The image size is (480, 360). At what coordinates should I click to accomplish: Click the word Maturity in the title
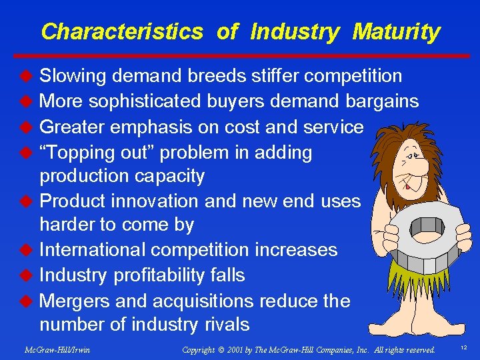396,31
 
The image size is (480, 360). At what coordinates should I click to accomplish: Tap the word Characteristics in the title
122,31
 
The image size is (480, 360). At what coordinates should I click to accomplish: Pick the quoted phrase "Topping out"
94,153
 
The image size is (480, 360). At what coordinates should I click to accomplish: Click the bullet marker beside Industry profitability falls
28,275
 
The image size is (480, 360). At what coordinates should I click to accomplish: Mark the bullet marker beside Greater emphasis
28,127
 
